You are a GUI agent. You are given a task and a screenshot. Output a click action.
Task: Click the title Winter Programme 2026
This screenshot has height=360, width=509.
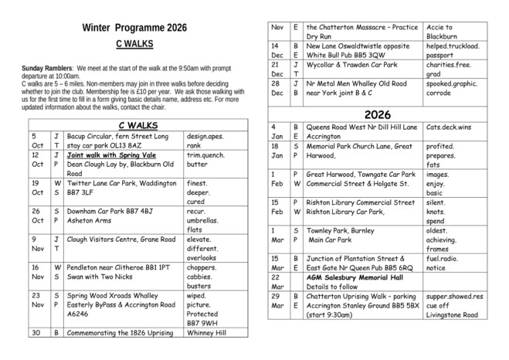click(x=134, y=29)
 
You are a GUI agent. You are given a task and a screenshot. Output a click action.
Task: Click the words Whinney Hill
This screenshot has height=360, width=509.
click(x=213, y=333)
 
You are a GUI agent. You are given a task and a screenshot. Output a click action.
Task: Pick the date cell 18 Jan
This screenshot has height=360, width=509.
click(x=275, y=150)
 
